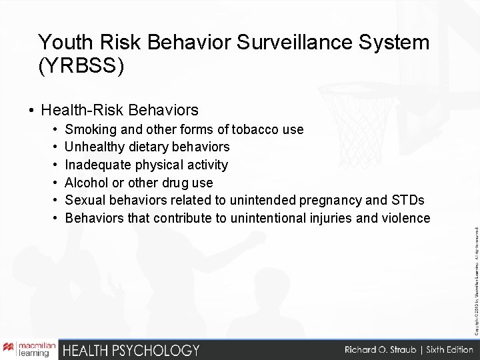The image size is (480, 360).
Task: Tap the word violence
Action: (x=406, y=218)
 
